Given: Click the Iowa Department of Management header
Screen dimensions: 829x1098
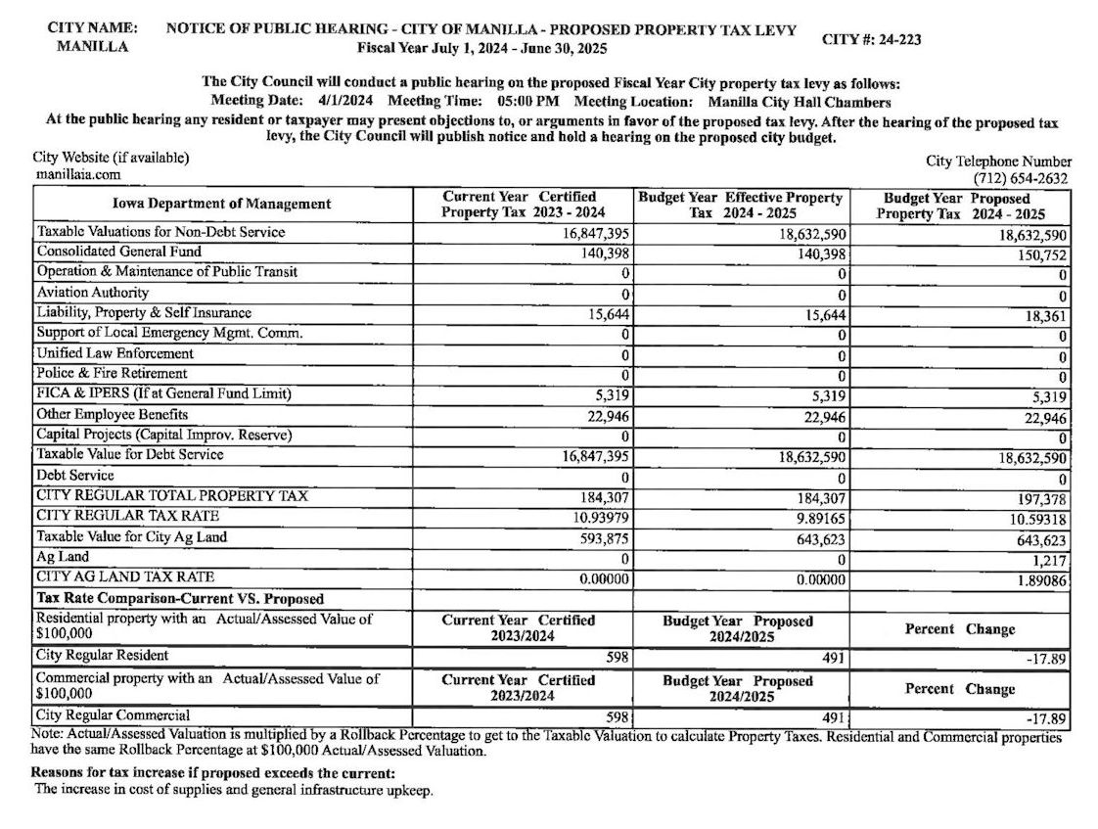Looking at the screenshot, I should coord(222,205).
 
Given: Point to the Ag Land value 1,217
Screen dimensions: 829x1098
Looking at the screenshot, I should coord(1049,560).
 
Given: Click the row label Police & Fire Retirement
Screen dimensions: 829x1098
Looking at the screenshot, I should coord(113,374).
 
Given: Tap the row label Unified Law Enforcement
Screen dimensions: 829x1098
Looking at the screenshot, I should coord(115,353).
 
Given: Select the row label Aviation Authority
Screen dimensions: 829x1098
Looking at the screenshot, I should coord(93,293).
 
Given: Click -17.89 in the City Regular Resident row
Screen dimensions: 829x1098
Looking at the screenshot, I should coord(1045,659).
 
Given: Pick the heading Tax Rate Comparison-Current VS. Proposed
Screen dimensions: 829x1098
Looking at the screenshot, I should coord(180,599).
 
